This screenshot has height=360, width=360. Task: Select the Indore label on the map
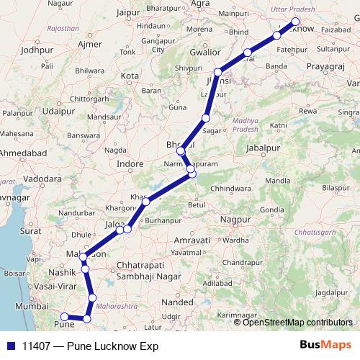[130, 164]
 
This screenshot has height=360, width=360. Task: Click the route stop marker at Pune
[64, 316]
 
